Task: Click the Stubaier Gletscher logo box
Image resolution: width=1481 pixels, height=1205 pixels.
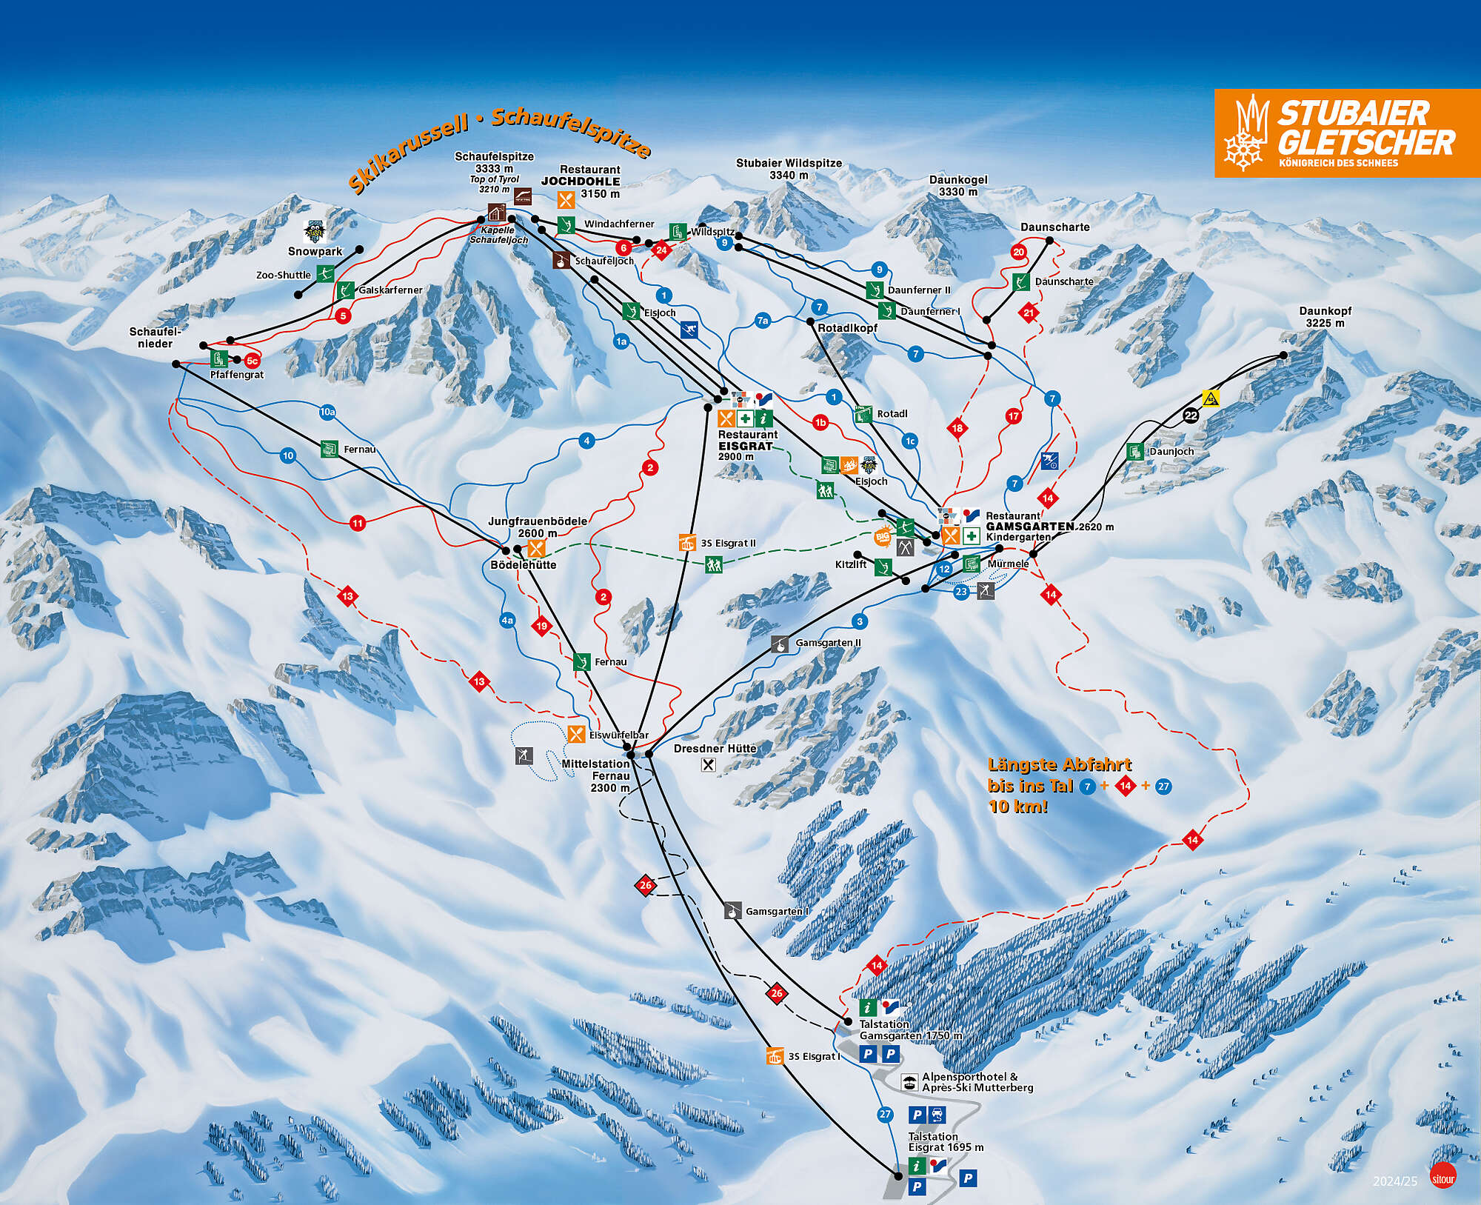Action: pyautogui.click(x=1346, y=133)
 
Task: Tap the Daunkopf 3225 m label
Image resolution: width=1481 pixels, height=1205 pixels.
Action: pyautogui.click(x=1325, y=317)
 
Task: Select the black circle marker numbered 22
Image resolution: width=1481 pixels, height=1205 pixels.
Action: pyautogui.click(x=1191, y=415)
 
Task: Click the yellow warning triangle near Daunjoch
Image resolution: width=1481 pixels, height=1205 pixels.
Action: pyautogui.click(x=1211, y=398)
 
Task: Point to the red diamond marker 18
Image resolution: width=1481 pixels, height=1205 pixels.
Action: pyautogui.click(x=957, y=428)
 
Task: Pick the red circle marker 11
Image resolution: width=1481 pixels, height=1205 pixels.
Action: pyautogui.click(x=358, y=524)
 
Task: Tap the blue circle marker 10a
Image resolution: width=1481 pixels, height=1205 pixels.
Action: pyautogui.click(x=327, y=412)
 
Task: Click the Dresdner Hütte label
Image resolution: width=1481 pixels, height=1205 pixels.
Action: pyautogui.click(x=715, y=749)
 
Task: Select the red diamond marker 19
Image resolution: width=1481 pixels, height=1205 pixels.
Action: pyautogui.click(x=542, y=627)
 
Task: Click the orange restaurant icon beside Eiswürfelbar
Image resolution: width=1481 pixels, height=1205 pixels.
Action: pyautogui.click(x=577, y=735)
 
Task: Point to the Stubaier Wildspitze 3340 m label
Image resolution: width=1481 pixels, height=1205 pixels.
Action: pyautogui.click(x=789, y=169)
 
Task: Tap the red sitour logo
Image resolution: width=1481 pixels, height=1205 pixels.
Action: pyautogui.click(x=1442, y=1176)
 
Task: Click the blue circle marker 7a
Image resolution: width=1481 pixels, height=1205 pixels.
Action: pyautogui.click(x=763, y=320)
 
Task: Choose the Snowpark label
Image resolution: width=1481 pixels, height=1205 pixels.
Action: pyautogui.click(x=315, y=251)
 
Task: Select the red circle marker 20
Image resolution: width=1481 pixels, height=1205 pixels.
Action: pyautogui.click(x=1019, y=252)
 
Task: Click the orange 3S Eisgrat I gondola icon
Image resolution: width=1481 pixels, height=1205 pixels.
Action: pyautogui.click(x=775, y=1056)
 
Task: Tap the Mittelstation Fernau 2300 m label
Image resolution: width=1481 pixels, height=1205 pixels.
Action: pyautogui.click(x=596, y=775)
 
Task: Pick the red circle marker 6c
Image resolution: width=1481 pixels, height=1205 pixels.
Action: pyautogui.click(x=252, y=361)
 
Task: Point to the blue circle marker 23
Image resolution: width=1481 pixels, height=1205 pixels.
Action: pyautogui.click(x=961, y=592)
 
